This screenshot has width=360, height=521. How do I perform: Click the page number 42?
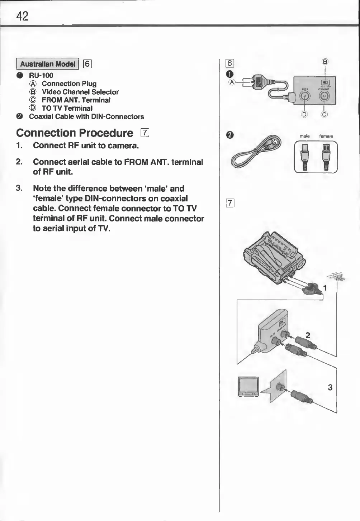point(22,16)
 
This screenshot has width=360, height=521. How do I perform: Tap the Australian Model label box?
point(47,64)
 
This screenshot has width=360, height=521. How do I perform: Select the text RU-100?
point(41,75)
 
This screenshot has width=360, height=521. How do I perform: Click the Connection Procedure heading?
point(75,133)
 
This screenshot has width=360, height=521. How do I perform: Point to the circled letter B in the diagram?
point(325,62)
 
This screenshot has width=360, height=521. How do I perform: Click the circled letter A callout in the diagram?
point(232,82)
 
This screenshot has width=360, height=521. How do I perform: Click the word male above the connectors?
point(304,136)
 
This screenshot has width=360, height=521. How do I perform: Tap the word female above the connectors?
point(326,136)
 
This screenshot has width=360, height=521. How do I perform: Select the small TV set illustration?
point(248,386)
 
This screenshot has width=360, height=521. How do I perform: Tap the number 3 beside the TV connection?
point(330,387)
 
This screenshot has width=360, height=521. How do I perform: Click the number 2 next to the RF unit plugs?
point(308,335)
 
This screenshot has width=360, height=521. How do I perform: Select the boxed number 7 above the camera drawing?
point(230,204)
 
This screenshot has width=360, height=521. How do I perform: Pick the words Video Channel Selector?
point(80,92)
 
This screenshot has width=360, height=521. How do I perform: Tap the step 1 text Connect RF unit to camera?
point(86,145)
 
